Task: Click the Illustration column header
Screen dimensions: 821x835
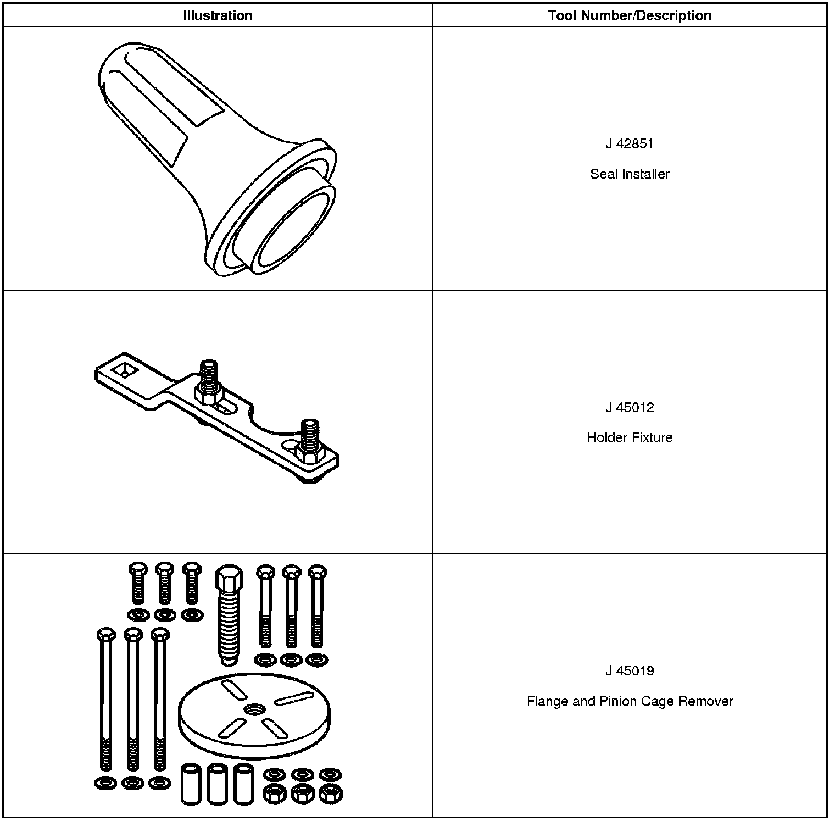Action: [x=218, y=15]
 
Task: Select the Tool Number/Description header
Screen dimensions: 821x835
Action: [x=630, y=15]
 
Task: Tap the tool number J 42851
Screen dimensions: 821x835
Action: [x=630, y=144]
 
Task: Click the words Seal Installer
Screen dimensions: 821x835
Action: [x=630, y=174]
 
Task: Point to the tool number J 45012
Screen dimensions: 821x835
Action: [x=630, y=408]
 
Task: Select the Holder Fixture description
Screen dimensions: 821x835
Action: [x=630, y=438]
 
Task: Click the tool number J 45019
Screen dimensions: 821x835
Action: [x=630, y=671]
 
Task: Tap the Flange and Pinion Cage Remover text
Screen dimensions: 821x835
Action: [x=630, y=702]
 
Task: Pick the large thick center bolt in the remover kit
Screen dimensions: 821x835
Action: [x=229, y=615]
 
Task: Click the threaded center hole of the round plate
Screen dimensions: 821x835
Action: [x=254, y=708]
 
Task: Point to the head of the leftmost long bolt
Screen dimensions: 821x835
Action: [x=106, y=635]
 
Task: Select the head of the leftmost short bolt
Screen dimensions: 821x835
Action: [x=137, y=569]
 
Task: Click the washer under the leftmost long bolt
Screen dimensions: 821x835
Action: [x=105, y=783]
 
